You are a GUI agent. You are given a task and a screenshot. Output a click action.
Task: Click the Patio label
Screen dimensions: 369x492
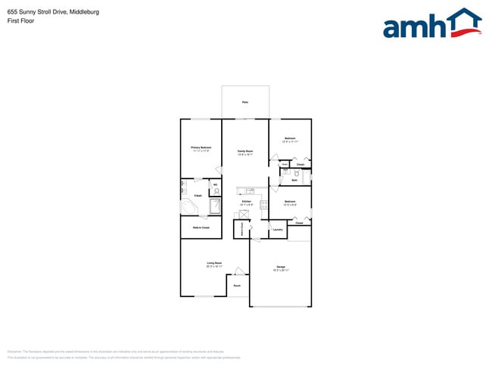(245, 102)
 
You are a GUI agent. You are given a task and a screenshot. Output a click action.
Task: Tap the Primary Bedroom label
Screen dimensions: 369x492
(201, 147)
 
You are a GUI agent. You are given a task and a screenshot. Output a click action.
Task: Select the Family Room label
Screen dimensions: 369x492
(245, 151)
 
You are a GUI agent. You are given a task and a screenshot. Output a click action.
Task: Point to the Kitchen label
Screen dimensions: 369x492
(246, 202)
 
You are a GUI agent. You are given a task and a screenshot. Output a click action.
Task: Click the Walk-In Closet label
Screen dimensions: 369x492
(201, 227)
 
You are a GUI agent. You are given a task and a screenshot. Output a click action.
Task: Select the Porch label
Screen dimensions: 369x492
(237, 286)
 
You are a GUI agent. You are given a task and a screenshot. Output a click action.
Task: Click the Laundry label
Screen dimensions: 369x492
(278, 229)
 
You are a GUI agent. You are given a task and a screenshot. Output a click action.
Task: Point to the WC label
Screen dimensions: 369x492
(215, 184)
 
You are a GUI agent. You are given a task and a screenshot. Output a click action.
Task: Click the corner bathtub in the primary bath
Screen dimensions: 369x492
(188, 207)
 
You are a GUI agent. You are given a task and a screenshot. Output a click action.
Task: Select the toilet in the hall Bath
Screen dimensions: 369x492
(297, 175)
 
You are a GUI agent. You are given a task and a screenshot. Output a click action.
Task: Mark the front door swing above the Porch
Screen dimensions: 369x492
(238, 271)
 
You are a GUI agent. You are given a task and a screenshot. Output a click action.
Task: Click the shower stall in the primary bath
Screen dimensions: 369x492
(214, 206)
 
